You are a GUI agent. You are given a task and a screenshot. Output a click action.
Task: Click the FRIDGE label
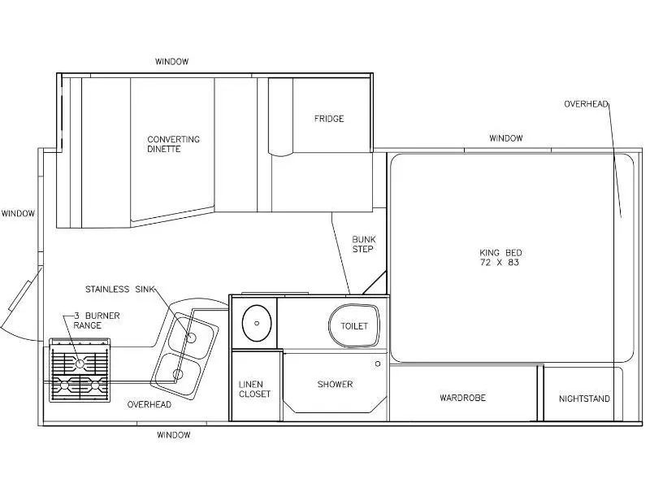click(329, 119)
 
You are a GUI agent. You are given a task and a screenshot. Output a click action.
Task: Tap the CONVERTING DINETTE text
click(173, 144)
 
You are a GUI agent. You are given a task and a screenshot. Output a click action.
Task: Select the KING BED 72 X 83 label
click(500, 257)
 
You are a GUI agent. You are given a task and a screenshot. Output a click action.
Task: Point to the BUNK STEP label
click(363, 244)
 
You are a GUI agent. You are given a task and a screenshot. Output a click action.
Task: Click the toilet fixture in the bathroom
click(354, 326)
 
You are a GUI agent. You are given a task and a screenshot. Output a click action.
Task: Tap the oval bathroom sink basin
click(257, 323)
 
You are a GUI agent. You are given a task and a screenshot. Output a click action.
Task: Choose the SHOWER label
click(335, 384)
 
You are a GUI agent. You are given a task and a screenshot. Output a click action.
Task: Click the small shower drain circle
click(378, 364)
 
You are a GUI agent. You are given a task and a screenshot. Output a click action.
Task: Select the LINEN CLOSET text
click(254, 390)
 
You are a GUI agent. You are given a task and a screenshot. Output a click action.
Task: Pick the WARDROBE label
click(462, 398)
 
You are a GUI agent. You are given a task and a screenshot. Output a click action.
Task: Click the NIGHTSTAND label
click(584, 399)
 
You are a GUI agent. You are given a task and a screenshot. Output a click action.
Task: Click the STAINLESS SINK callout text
click(119, 290)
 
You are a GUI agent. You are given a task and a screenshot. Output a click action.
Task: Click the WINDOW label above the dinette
click(171, 62)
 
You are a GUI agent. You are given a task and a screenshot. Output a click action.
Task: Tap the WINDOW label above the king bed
click(505, 138)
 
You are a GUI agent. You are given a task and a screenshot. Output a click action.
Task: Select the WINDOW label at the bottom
click(173, 435)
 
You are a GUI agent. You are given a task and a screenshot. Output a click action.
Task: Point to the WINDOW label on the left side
click(18, 214)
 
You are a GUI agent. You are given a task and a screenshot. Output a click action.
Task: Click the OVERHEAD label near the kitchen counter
click(149, 404)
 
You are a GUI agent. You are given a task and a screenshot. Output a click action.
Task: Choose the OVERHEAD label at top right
click(586, 104)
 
